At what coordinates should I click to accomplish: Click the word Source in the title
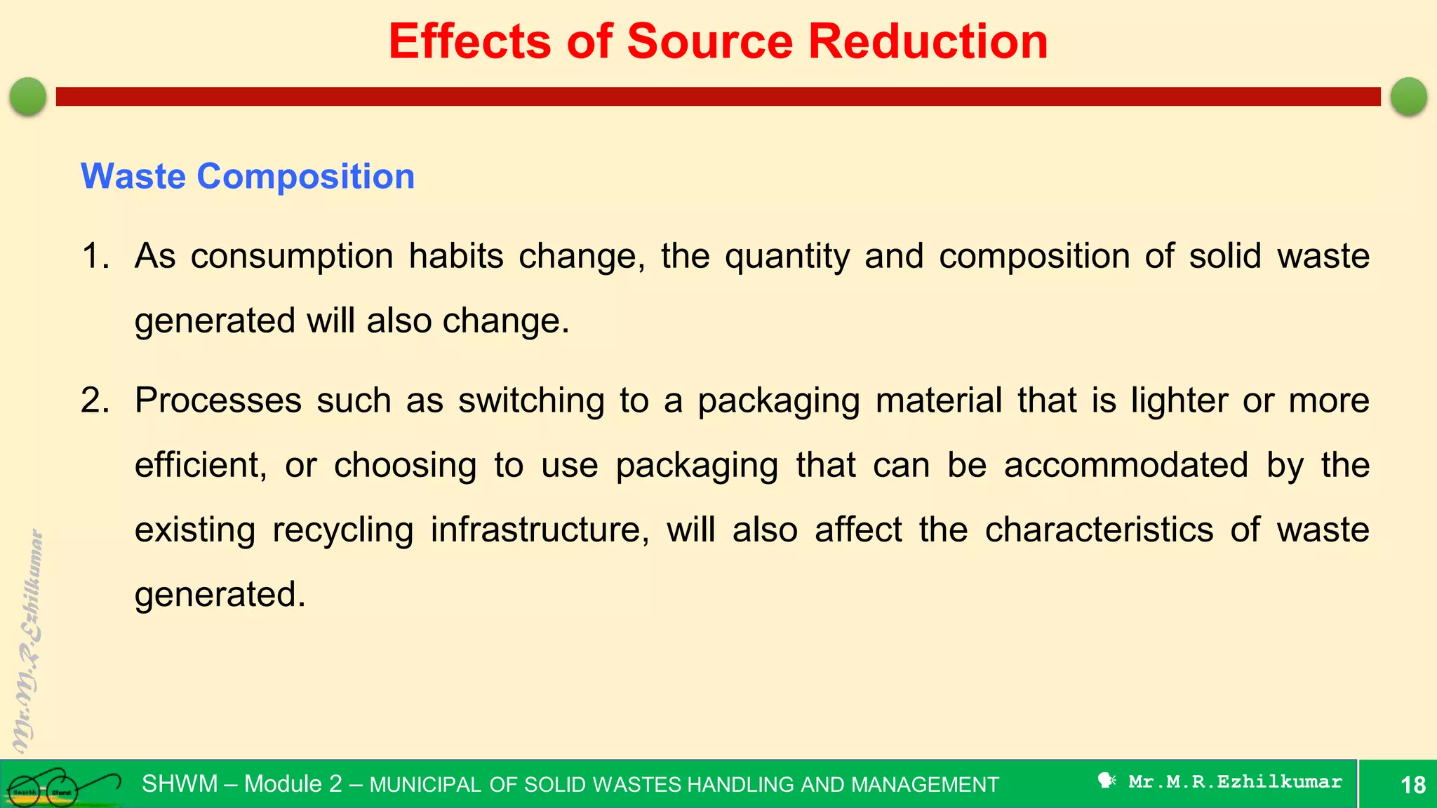(x=709, y=41)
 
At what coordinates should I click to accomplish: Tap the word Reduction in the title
(x=928, y=41)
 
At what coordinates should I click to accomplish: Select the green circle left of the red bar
(x=28, y=96)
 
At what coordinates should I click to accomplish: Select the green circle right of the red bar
(x=1408, y=96)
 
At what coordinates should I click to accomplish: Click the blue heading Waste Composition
(x=248, y=176)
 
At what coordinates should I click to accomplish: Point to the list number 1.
(x=95, y=256)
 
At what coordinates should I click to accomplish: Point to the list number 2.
(x=95, y=400)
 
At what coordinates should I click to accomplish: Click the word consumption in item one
(x=292, y=257)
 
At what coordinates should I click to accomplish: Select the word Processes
(x=218, y=400)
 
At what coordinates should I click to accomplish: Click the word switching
(x=531, y=401)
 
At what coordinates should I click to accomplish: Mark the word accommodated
(x=1125, y=465)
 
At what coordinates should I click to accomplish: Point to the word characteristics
(x=1099, y=530)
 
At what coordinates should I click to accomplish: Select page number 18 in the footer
(x=1412, y=784)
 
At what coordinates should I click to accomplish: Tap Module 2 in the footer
(x=293, y=783)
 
